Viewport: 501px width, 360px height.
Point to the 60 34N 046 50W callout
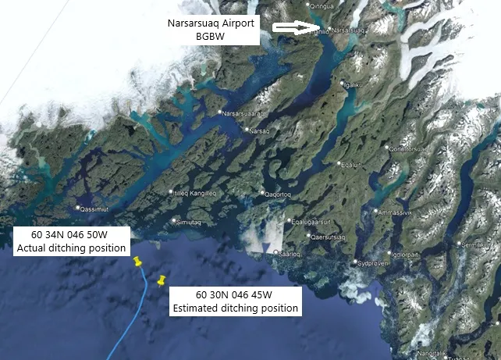pyautogui.click(x=71, y=241)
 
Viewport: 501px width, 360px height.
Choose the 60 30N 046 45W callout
pyautogui.click(x=235, y=301)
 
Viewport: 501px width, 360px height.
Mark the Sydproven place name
pyautogui.click(x=372, y=263)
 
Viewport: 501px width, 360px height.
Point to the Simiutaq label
pyautogui.click(x=194, y=223)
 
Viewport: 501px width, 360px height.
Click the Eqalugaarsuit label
pyautogui.click(x=311, y=222)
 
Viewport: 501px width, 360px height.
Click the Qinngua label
pyautogui.click(x=321, y=6)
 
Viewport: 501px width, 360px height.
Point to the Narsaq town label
pyautogui.click(x=258, y=130)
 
